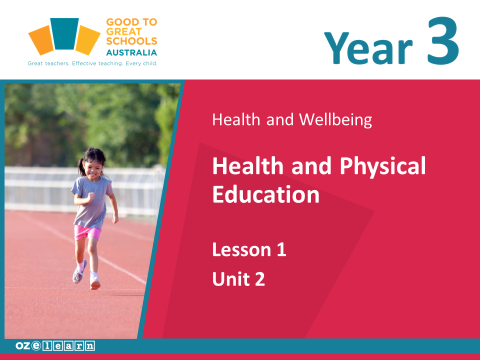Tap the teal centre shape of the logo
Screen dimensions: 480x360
click(x=64, y=33)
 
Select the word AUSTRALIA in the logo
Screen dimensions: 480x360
click(x=131, y=52)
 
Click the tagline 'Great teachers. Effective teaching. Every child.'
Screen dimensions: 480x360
click(x=92, y=63)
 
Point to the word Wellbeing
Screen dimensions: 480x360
click(x=335, y=119)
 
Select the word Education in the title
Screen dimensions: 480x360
click(x=265, y=194)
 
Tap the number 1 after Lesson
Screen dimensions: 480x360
click(x=281, y=249)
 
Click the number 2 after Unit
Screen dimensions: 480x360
click(x=259, y=279)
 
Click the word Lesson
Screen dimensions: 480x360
click(x=241, y=249)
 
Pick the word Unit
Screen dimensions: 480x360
click(x=231, y=279)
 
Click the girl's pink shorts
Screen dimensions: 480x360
click(x=87, y=232)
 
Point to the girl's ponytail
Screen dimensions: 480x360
click(x=81, y=167)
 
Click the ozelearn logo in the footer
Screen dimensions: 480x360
click(x=55, y=346)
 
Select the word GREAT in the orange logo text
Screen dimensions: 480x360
click(x=123, y=31)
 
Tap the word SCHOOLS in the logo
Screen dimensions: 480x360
click(x=131, y=41)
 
